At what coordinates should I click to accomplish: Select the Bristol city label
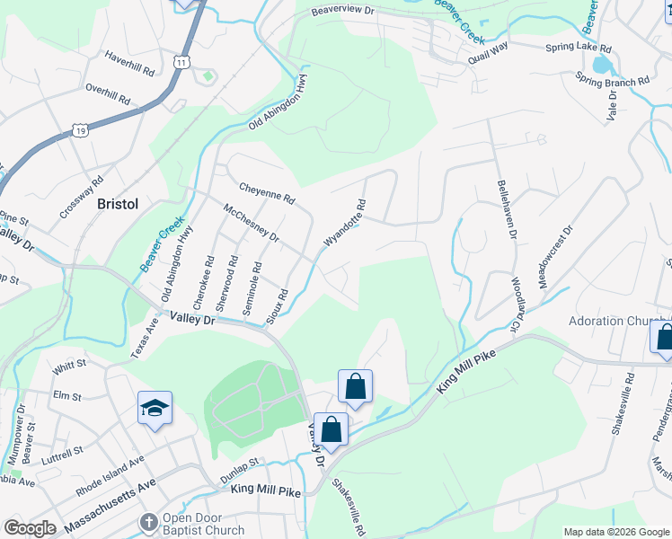118,204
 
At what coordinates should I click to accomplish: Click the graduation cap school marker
155,409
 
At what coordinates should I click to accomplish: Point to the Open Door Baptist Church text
203,525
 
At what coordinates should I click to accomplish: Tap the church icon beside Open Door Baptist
150,522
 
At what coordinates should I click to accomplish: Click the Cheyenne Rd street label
267,191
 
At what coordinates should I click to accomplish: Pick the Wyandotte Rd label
345,225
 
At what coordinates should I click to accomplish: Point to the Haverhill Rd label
129,67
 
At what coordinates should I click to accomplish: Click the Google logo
30,528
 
